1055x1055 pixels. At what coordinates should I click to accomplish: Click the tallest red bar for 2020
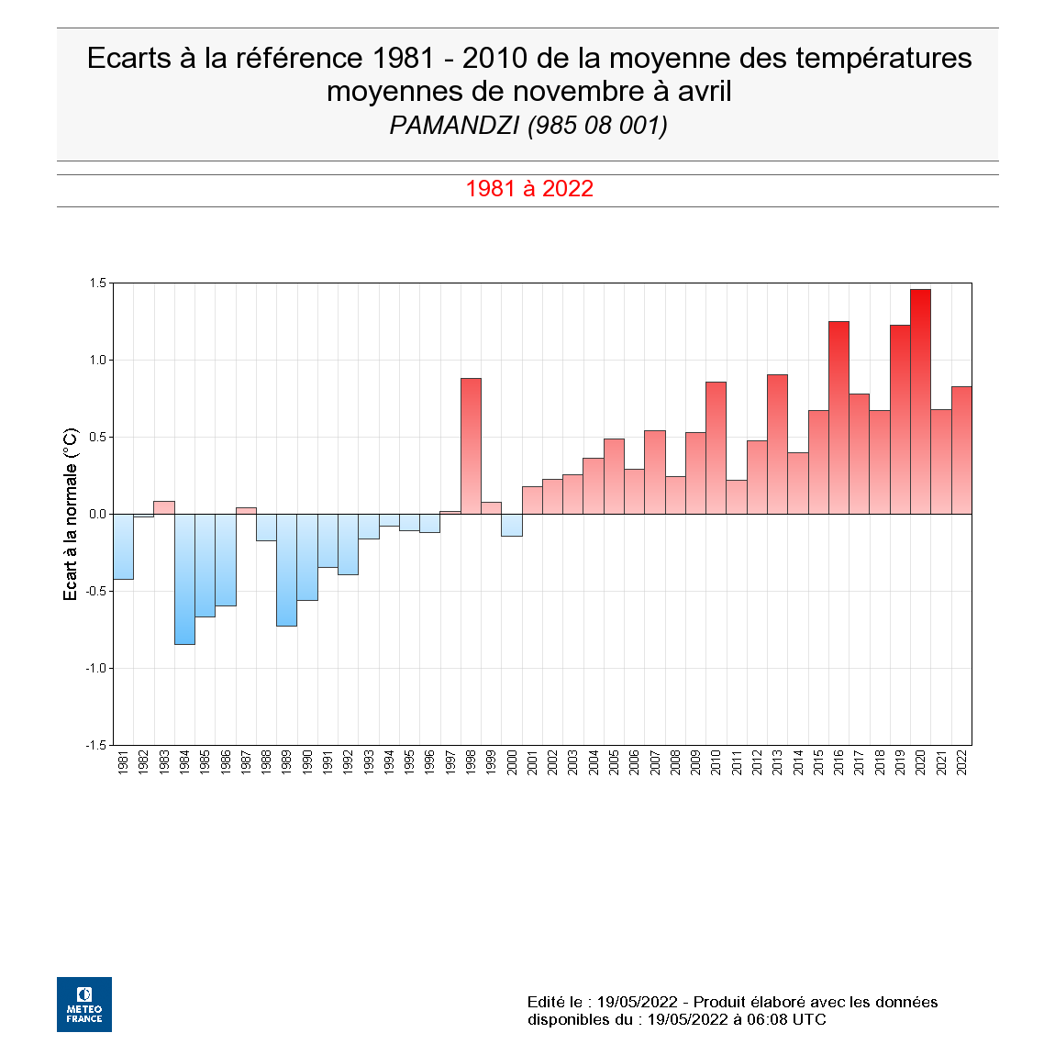point(920,402)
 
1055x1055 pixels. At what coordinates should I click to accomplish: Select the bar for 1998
point(471,446)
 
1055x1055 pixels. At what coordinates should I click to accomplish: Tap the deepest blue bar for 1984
point(184,579)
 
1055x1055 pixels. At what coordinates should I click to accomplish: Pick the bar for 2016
point(838,417)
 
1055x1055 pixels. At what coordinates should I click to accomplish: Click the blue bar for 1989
point(286,570)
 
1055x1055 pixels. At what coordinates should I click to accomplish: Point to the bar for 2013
point(777,444)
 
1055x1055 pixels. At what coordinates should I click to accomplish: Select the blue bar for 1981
point(123,547)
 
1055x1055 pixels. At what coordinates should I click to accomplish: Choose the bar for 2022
point(961,450)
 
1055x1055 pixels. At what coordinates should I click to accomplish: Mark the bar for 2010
point(716,448)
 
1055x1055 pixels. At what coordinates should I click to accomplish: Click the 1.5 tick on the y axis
point(97,283)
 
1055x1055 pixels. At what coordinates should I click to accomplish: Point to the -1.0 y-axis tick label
point(95,668)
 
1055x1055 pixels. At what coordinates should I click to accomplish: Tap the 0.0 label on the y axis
point(97,514)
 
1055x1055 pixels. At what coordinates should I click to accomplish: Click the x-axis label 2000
point(512,762)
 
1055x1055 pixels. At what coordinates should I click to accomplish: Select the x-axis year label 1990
point(307,762)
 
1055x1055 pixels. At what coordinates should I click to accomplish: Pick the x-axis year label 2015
point(818,762)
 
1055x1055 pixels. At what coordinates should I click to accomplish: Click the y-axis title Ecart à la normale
point(71,514)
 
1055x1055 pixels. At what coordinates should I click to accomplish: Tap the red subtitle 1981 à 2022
point(529,189)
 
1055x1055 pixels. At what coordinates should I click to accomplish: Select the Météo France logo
point(84,1005)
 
